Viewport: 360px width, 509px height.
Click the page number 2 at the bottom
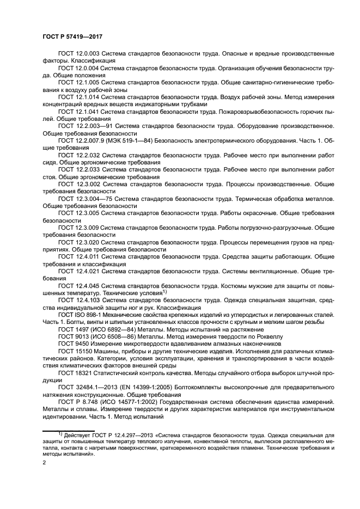tap(45, 462)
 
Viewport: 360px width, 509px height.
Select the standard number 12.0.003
tap(88, 53)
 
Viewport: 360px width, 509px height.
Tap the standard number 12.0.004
tap(88, 68)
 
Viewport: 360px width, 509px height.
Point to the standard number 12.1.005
tap(88, 82)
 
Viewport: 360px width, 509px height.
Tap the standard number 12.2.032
tap(88, 155)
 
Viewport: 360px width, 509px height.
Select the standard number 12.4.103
tap(88, 299)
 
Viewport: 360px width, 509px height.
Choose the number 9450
tap(83, 343)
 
